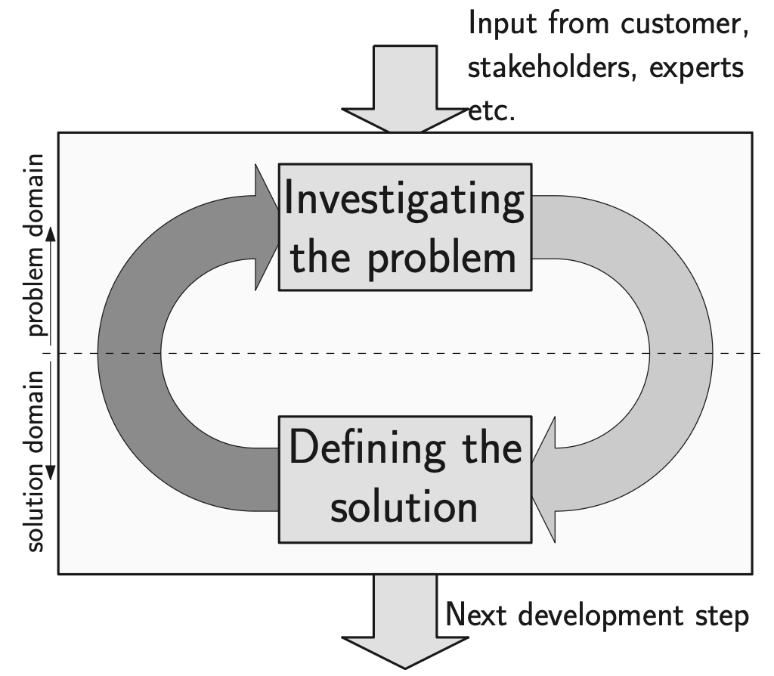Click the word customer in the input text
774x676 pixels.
pos(685,24)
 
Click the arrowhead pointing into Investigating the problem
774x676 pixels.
pos(266,226)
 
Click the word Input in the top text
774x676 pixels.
pos(499,24)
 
